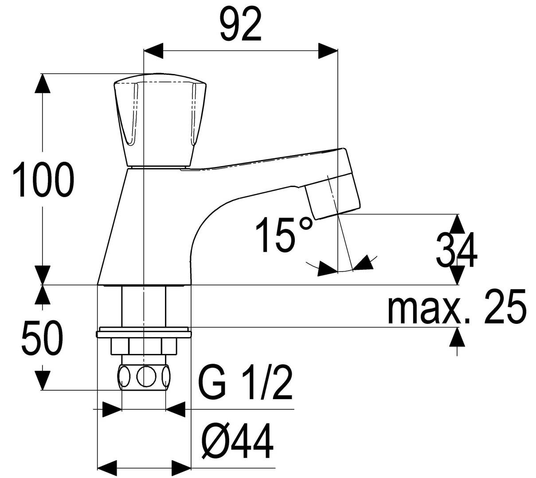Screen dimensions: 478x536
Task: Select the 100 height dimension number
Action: click(43, 179)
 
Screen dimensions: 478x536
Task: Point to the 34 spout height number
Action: click(456, 250)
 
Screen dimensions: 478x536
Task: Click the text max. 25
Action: click(456, 307)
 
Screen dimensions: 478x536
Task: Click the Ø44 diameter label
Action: click(237, 440)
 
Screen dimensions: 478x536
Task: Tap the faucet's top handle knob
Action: click(160, 122)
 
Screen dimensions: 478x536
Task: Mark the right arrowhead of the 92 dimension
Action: click(328, 51)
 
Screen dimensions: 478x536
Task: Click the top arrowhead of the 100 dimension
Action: click(43, 83)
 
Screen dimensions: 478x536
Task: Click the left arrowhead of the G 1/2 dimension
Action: click(112, 409)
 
